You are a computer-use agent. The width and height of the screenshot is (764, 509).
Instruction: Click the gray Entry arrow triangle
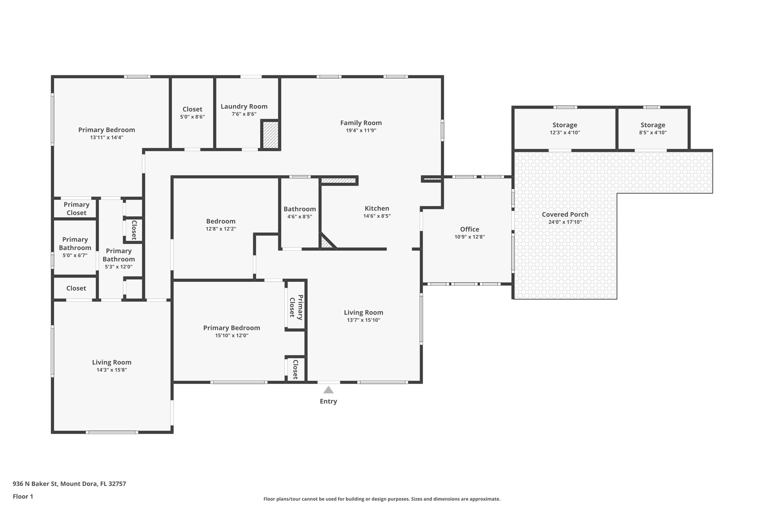pyautogui.click(x=328, y=390)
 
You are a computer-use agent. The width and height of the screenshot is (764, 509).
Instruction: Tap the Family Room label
pyautogui.click(x=361, y=123)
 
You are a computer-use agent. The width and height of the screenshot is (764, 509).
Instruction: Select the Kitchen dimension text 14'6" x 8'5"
pyautogui.click(x=377, y=216)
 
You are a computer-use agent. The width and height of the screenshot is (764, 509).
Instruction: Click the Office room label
pyautogui.click(x=469, y=229)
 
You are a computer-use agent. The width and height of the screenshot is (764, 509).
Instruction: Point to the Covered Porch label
pyautogui.click(x=565, y=214)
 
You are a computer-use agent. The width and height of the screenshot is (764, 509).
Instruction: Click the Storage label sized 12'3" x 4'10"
pyautogui.click(x=565, y=125)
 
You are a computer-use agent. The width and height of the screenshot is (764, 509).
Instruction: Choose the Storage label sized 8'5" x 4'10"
pyautogui.click(x=652, y=125)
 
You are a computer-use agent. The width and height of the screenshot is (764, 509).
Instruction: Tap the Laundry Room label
pyautogui.click(x=244, y=106)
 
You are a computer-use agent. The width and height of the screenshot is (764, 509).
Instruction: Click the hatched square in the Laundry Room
pyautogui.click(x=270, y=135)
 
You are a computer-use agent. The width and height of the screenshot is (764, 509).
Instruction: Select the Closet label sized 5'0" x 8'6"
pyautogui.click(x=192, y=109)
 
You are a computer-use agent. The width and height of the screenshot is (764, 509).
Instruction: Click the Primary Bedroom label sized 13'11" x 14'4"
pyautogui.click(x=106, y=130)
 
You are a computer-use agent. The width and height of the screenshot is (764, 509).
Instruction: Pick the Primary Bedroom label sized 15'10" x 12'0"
pyautogui.click(x=231, y=328)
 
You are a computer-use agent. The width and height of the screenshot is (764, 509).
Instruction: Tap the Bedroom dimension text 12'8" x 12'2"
pyautogui.click(x=221, y=229)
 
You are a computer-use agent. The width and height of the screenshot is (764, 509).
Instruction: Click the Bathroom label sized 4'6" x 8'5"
pyautogui.click(x=300, y=209)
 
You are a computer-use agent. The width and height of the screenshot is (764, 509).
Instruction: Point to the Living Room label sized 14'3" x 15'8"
pyautogui.click(x=112, y=362)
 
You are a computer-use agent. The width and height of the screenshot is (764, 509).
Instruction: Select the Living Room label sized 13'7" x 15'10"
pyautogui.click(x=363, y=312)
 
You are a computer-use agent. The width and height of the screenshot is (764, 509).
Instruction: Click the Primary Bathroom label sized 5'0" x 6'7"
pyautogui.click(x=75, y=243)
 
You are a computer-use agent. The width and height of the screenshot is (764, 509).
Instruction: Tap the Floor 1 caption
pyautogui.click(x=23, y=496)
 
